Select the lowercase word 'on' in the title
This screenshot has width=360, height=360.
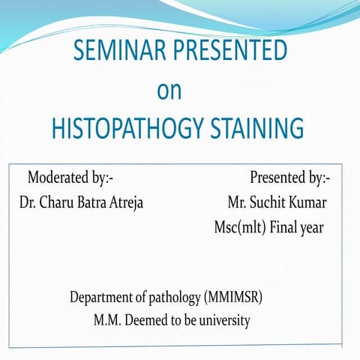[x=169, y=90]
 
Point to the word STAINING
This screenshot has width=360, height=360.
[x=257, y=129]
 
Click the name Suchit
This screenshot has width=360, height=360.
[x=272, y=203]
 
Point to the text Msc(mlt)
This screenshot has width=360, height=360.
[x=240, y=228]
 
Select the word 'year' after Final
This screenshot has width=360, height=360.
[x=313, y=228]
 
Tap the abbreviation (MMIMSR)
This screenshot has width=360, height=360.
[x=233, y=297]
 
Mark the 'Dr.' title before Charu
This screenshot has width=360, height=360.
[x=29, y=203]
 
